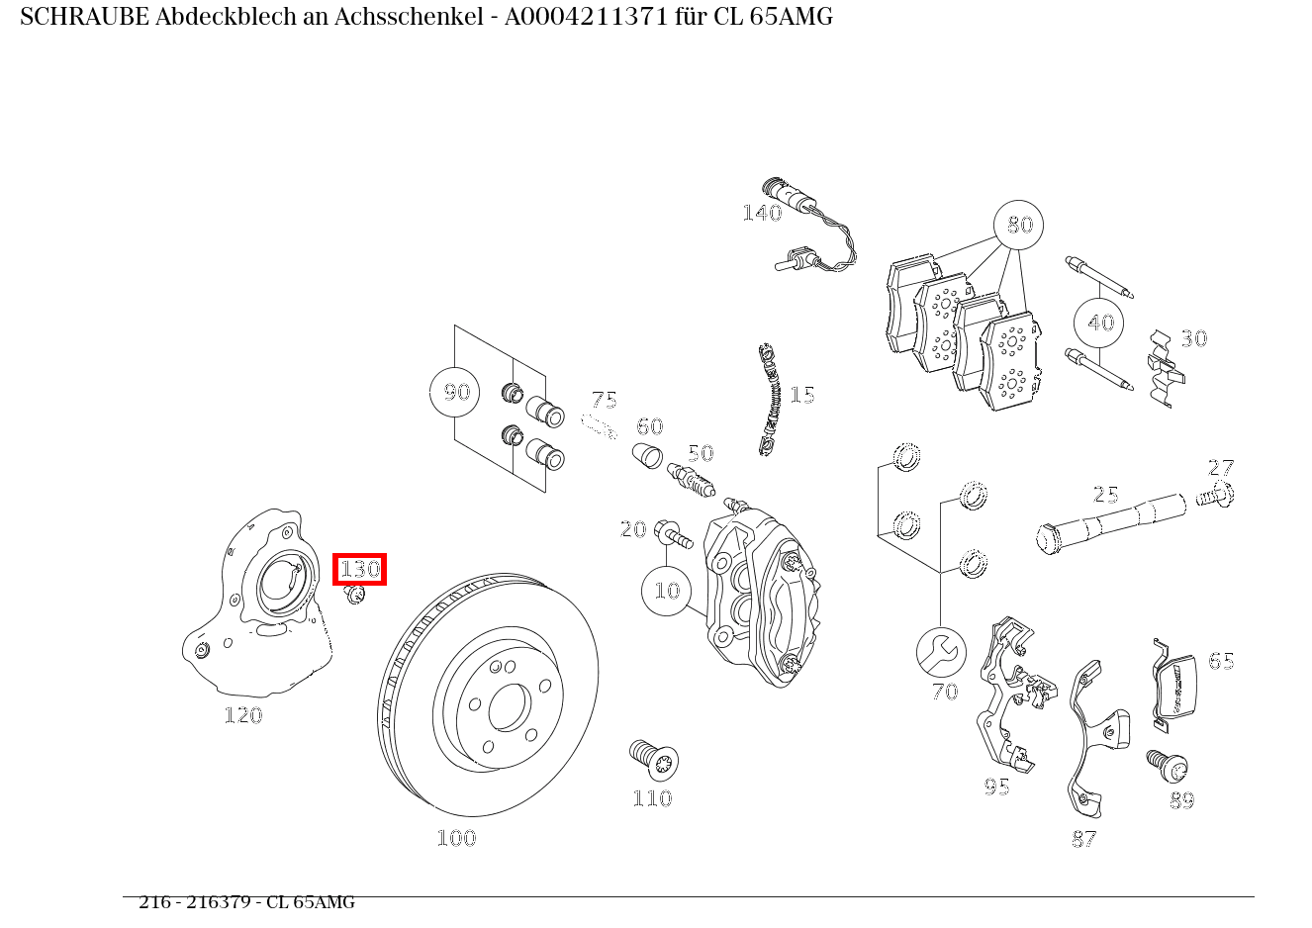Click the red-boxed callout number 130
[359, 569]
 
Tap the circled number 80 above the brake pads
[1019, 226]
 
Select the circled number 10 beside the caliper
[667, 591]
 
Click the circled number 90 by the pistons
[455, 392]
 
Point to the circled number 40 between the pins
[1100, 323]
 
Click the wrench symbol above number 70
[941, 652]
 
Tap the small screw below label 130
[355, 595]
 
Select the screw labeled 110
[654, 759]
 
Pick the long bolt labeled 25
[1108, 522]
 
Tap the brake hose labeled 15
[770, 400]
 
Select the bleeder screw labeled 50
[691, 481]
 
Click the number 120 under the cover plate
[242, 714]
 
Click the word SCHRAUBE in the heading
[83, 17]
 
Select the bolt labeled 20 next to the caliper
[674, 534]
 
